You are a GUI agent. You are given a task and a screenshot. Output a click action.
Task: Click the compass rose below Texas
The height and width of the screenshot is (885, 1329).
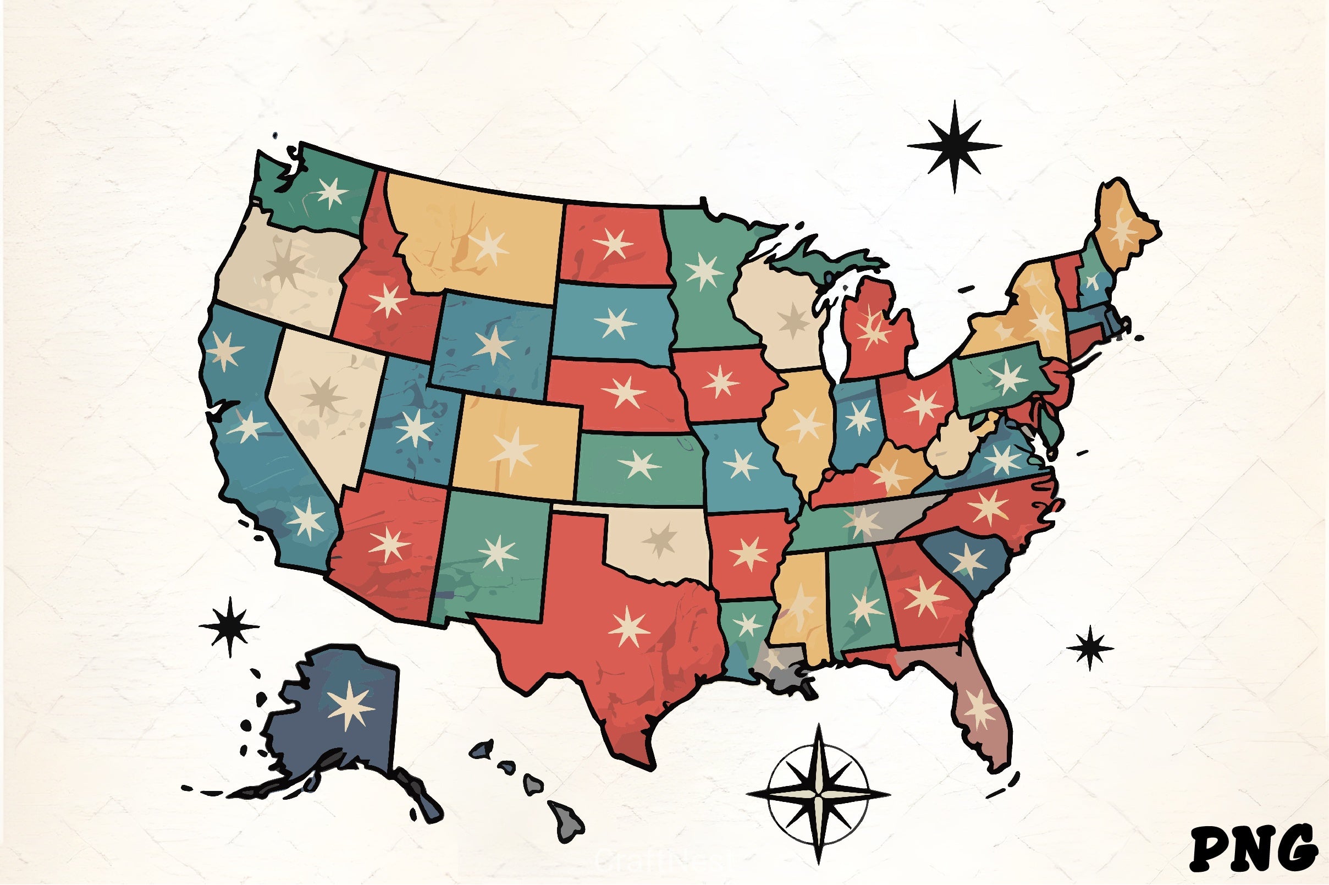[819, 794]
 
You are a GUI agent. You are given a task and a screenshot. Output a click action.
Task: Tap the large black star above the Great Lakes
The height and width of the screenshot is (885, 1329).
[955, 146]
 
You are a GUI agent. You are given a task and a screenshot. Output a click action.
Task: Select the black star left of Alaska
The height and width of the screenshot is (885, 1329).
[230, 626]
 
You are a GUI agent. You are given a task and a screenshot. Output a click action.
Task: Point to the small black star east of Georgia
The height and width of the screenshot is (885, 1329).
[1090, 647]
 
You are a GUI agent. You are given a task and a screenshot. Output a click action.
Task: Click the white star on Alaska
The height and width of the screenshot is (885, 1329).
[350, 705]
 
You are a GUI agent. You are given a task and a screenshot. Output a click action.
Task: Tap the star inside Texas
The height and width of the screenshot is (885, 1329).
[629, 626]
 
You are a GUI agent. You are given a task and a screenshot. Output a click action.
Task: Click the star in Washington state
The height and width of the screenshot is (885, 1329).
[331, 193]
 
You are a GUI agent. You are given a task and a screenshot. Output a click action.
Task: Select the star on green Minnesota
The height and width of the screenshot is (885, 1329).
[703, 271]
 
